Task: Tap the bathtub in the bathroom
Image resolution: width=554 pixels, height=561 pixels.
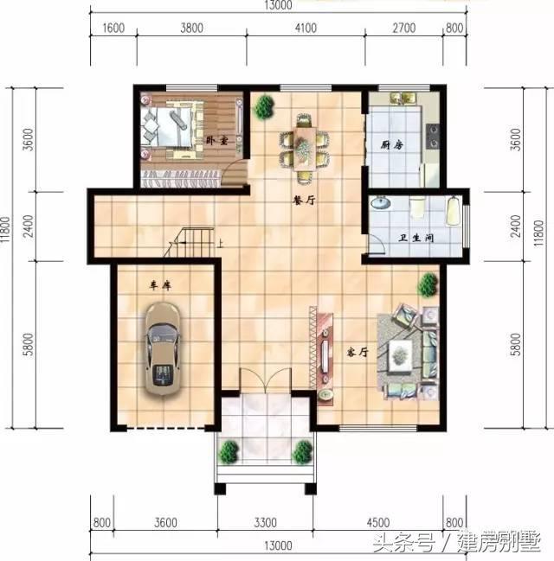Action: (454, 212)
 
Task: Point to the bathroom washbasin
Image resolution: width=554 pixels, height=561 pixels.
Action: (381, 204)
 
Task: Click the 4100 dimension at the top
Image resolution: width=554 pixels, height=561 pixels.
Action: (308, 28)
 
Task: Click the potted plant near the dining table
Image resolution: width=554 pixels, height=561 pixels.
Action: (262, 107)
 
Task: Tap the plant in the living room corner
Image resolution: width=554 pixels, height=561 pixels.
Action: (426, 284)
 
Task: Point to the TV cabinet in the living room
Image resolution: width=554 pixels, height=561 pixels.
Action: (324, 350)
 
